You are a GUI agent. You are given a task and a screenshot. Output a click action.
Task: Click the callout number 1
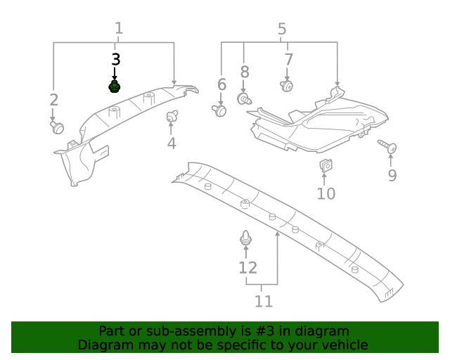119,29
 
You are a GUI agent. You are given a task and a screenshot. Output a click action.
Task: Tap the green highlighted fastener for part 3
114,86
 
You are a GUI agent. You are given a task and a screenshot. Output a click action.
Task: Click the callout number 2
53,100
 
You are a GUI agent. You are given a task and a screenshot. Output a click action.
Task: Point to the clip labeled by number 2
57,127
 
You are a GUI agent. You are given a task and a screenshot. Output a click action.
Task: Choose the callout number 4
172,143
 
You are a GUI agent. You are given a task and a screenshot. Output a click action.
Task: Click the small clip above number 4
171,116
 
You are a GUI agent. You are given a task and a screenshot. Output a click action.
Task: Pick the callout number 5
282,30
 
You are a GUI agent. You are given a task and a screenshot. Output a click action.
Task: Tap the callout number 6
221,85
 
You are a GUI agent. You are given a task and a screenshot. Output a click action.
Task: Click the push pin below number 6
220,110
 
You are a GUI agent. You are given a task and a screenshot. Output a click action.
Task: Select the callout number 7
288,59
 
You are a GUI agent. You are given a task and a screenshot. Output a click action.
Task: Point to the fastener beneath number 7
287,86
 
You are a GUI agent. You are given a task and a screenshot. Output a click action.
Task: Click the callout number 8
245,71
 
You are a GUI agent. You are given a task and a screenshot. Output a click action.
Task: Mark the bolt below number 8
245,100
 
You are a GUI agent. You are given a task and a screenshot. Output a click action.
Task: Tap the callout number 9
392,175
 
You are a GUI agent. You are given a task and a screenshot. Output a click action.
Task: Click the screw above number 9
389,147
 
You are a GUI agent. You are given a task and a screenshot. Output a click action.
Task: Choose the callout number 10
326,193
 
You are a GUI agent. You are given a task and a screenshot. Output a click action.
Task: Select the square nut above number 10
326,166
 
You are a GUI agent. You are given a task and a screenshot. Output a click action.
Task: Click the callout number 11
263,301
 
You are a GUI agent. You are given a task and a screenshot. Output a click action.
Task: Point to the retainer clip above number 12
245,239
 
